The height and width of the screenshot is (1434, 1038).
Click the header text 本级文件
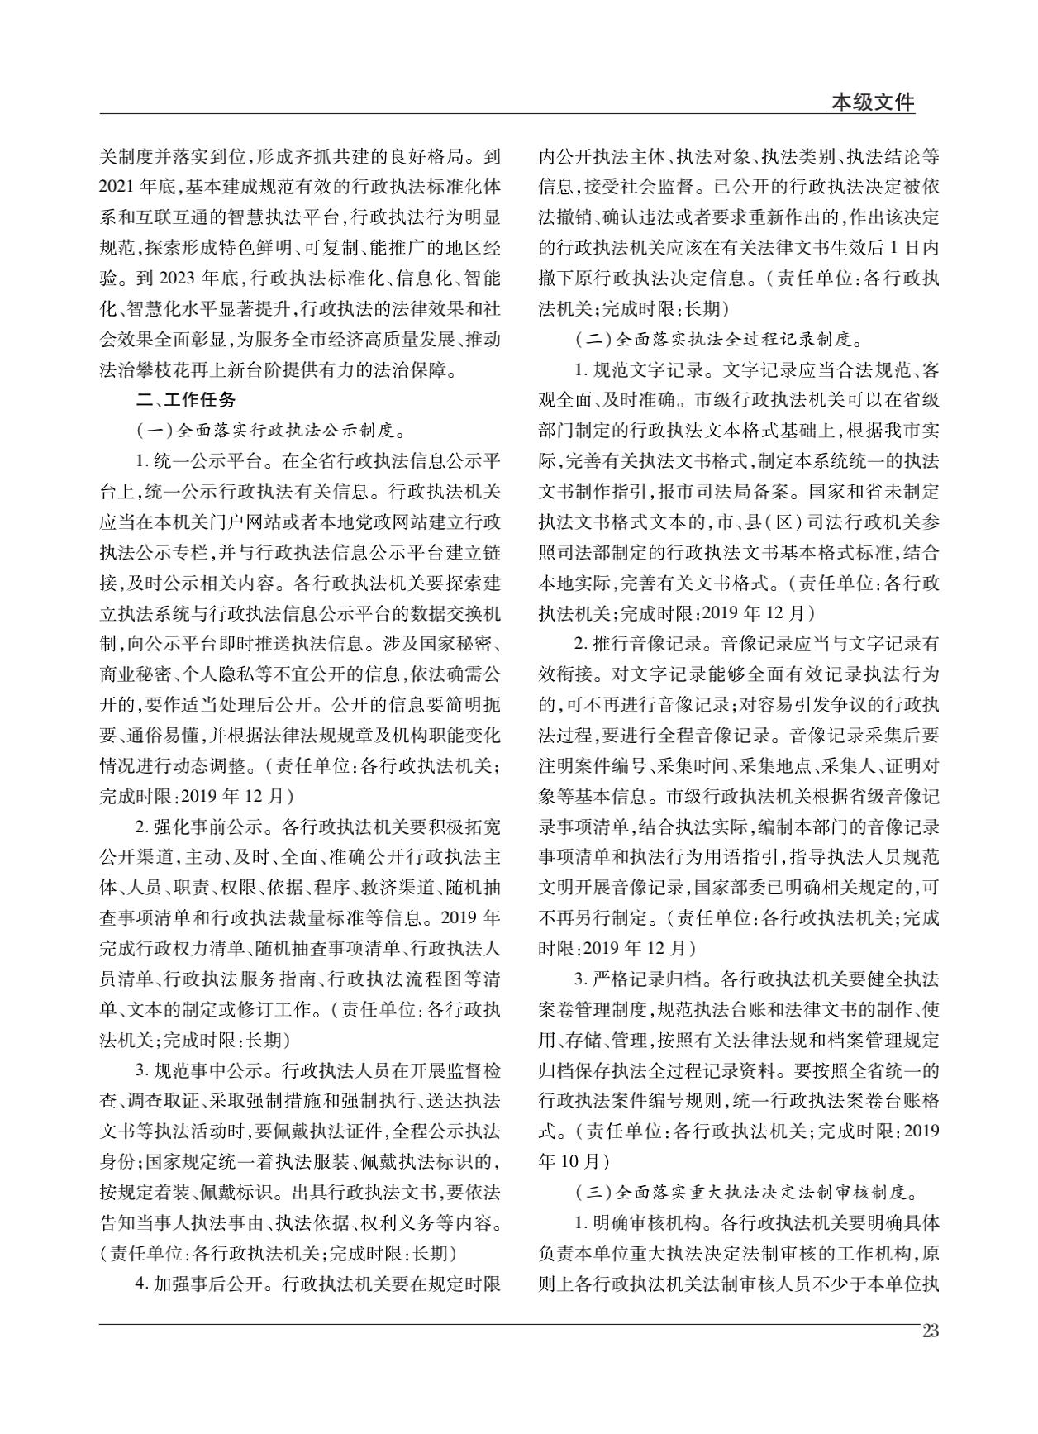point(873,102)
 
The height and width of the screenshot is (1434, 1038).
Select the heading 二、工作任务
point(187,399)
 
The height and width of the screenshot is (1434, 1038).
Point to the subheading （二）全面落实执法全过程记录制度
point(717,339)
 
